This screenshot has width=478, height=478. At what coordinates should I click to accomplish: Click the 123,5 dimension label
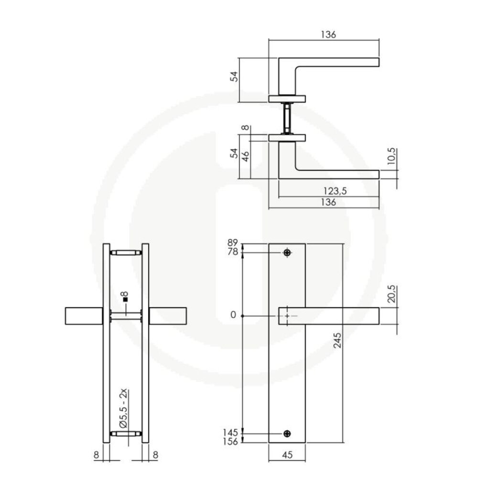coord(335,191)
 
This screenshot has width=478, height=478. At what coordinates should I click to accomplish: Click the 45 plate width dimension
coord(287,455)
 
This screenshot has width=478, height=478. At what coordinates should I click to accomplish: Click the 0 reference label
coord(233,315)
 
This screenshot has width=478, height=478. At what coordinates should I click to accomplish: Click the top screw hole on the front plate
coord(287,252)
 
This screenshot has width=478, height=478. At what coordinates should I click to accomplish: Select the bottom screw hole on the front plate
coord(287,433)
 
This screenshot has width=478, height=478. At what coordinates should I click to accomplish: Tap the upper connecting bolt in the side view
coord(126,252)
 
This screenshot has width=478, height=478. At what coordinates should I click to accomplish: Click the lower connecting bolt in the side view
coord(126,434)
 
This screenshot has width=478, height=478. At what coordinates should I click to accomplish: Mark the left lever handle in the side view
coord(83,316)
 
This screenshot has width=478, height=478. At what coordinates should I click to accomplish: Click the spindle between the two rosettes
coord(287,118)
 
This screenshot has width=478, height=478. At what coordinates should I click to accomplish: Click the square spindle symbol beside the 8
coord(125,300)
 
